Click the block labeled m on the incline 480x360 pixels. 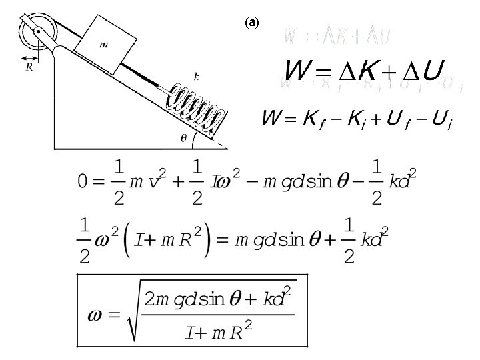(103, 45)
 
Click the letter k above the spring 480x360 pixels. (196, 76)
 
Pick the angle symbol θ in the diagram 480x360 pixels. (183, 138)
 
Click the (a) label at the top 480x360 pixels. (251, 22)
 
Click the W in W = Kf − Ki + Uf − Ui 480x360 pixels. (271, 120)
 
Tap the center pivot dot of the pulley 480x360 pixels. (38, 31)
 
